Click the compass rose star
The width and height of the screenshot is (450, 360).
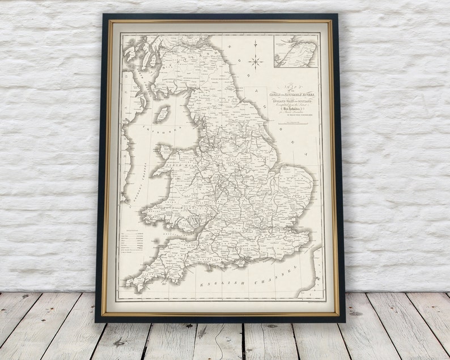[256, 62]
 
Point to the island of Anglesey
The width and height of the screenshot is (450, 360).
[165, 152]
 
